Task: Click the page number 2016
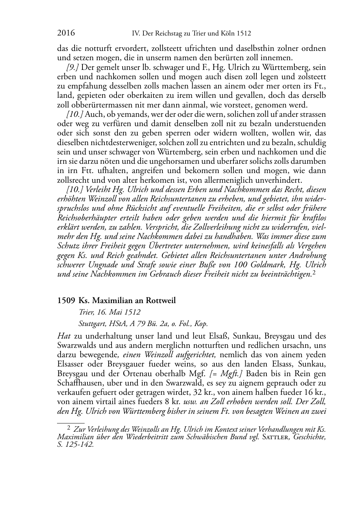pos(66,33)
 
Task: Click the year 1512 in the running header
pos(243,34)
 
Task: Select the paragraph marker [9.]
pos(73,67)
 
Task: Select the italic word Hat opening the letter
pos(63,336)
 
